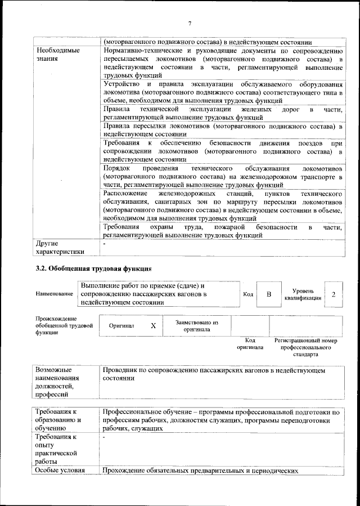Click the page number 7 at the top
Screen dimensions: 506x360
[x=190, y=23]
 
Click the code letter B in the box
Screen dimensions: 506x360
[x=269, y=294]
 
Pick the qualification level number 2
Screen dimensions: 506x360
[x=334, y=294]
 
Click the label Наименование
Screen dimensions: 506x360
[x=54, y=294]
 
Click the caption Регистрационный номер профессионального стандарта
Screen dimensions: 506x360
[x=305, y=347]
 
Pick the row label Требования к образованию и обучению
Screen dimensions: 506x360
[x=58, y=420]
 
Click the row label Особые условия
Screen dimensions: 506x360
[x=60, y=470]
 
